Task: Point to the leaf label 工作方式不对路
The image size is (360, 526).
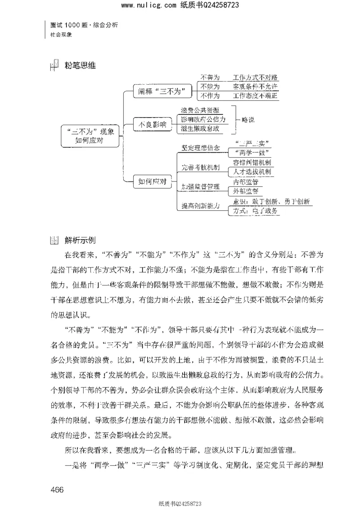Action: click(255, 78)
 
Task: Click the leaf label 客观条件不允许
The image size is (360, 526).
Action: click(255, 86)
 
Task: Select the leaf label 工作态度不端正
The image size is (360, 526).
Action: click(255, 96)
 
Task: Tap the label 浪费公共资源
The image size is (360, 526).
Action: click(200, 110)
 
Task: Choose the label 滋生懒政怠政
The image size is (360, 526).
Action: click(200, 129)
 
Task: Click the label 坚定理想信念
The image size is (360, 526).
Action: click(201, 147)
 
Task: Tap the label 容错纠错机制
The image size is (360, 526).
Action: click(252, 162)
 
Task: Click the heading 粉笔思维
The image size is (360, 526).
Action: click(81, 65)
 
